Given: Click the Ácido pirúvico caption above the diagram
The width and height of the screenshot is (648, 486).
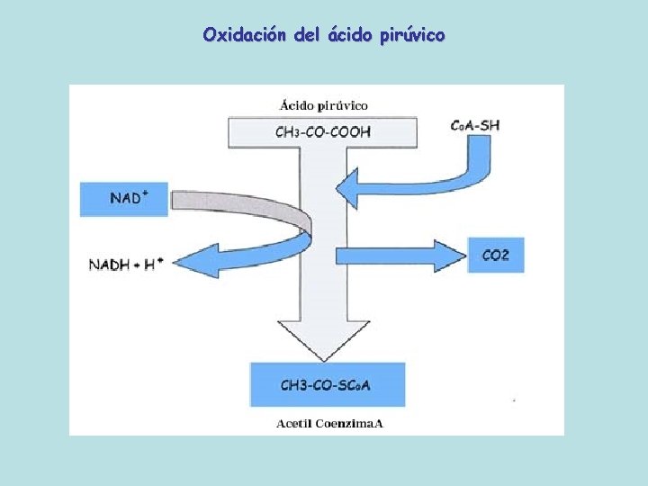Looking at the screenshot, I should click(x=322, y=106).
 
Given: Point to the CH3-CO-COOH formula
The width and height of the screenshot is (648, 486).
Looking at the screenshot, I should click(x=322, y=132).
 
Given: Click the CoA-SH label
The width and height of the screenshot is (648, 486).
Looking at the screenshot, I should click(x=474, y=124).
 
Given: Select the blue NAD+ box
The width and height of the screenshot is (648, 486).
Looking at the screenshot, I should click(x=124, y=198).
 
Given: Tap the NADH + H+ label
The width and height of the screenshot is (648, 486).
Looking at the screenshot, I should click(x=126, y=264).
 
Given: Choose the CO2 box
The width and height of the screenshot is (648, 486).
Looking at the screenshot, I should click(x=495, y=255).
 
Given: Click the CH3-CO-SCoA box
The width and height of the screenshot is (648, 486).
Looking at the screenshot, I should click(x=328, y=385).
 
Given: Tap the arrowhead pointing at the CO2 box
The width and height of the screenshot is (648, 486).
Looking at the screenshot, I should click(x=446, y=255).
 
